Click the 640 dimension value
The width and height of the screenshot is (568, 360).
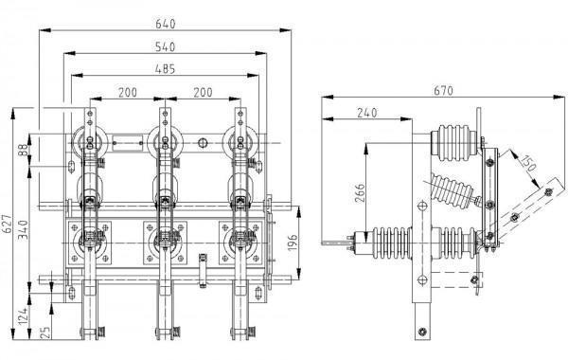click(x=165, y=24)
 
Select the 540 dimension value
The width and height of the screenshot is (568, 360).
click(x=165, y=47)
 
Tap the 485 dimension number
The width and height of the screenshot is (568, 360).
click(x=165, y=69)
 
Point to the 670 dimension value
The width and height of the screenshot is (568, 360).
click(x=443, y=91)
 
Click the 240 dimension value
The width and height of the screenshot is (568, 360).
click(x=367, y=113)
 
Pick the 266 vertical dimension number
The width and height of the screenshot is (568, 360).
click(x=360, y=193)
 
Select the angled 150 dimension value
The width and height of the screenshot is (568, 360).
click(x=528, y=163)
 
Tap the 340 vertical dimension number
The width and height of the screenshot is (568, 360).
click(x=23, y=229)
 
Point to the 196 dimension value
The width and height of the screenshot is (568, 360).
click(x=293, y=243)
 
